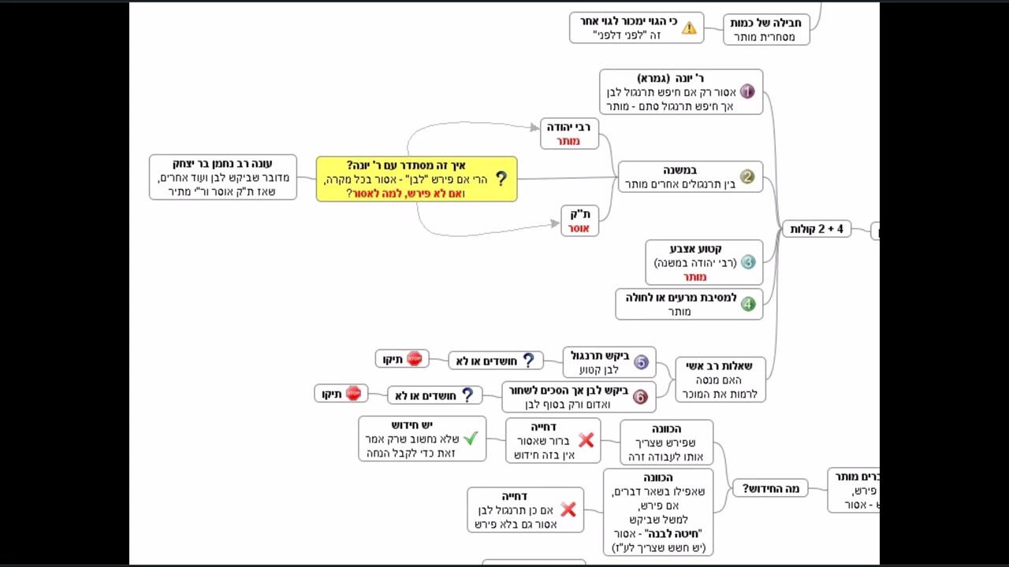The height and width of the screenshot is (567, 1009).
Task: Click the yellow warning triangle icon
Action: pos(689,28)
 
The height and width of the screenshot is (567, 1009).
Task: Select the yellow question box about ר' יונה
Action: pos(416,179)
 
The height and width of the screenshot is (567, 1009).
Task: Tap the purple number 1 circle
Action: pos(747,92)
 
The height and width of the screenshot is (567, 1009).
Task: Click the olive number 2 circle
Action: pos(747,177)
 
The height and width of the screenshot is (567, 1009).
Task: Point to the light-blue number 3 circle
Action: pos(748,262)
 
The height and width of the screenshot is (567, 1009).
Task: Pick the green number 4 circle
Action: pos(747,304)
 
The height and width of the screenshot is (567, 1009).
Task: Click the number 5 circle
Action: pos(641,362)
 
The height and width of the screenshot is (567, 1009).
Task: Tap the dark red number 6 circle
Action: pos(640,397)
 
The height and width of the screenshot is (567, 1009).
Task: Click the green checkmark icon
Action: pos(471,439)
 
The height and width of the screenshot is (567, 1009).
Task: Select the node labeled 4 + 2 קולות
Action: pos(817,229)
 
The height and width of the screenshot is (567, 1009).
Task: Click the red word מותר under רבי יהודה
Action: pos(568,141)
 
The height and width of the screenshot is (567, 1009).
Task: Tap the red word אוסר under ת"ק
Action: pos(579,228)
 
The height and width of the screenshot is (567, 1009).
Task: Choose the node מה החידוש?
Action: pos(770,489)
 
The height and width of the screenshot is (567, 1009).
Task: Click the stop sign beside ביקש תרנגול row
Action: pos(415,359)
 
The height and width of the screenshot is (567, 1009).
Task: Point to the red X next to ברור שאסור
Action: pos(586,440)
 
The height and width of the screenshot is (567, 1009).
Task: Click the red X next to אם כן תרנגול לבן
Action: pos(568,510)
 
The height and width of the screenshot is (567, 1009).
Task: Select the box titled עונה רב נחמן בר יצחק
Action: pos(223,177)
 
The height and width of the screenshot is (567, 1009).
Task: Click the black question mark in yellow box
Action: pos(501,180)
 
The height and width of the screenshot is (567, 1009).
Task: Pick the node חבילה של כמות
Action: pos(765,29)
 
